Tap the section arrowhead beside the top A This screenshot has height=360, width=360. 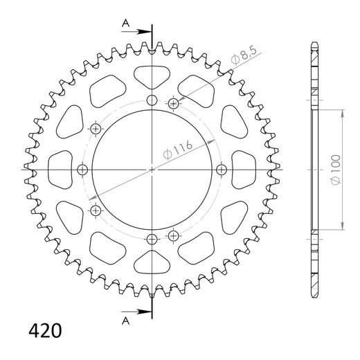[146, 32]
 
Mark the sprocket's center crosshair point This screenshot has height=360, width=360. [152, 170]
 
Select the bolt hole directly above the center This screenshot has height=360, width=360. [152, 101]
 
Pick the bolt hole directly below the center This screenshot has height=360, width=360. [152, 239]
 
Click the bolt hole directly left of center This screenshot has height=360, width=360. [83, 170]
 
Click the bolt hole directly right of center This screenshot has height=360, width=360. [222, 170]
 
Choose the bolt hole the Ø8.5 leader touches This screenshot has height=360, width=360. [174, 104]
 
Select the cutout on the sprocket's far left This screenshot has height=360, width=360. [60, 170]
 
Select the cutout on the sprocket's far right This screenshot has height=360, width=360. [245, 170]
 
